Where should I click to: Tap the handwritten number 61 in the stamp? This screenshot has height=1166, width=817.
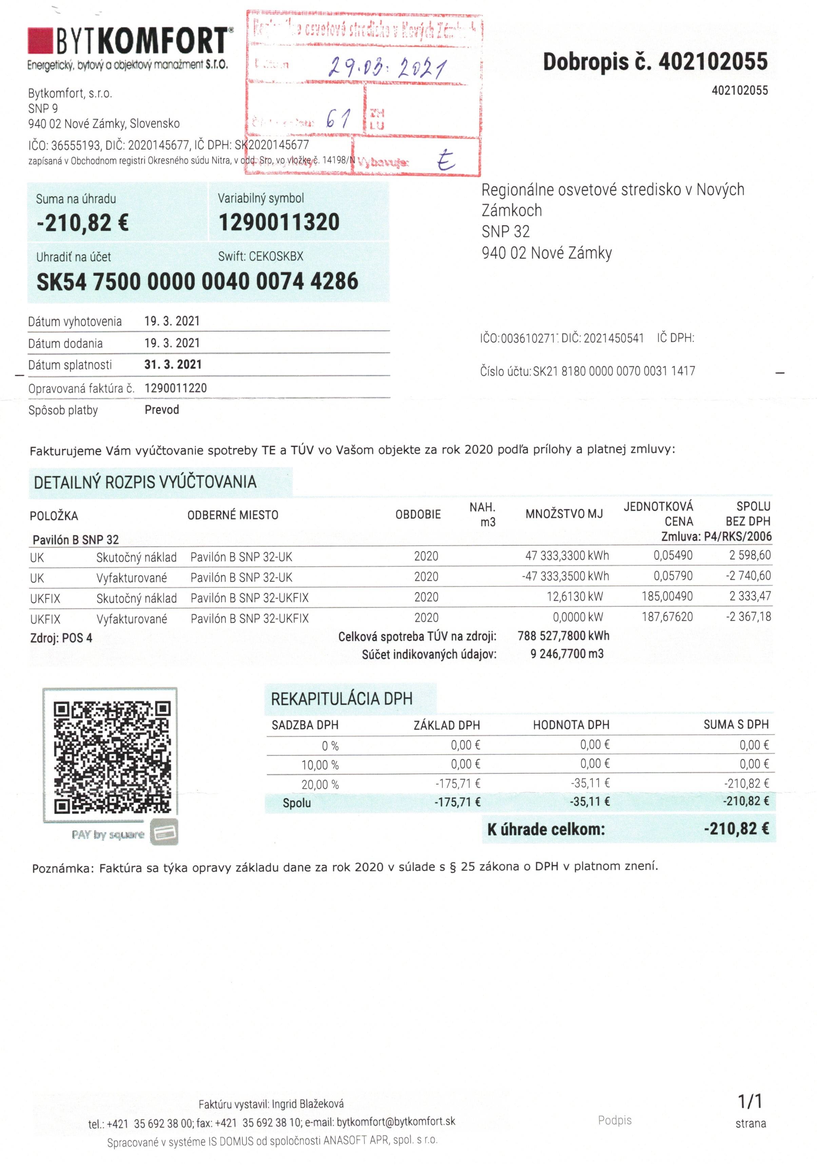tap(338, 119)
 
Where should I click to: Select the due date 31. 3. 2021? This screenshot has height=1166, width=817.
tap(173, 365)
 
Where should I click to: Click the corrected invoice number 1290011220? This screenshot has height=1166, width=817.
tap(176, 388)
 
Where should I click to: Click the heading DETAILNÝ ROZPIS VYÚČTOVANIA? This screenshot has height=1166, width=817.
tap(145, 482)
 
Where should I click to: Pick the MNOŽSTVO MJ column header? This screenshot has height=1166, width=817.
tap(564, 514)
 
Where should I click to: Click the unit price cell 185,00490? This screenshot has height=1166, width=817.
tap(667, 596)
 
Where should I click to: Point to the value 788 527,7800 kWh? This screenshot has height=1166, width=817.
tap(563, 636)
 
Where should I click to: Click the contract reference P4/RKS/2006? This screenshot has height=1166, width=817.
tap(737, 537)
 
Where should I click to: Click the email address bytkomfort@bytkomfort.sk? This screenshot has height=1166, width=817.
tap(395, 1121)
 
